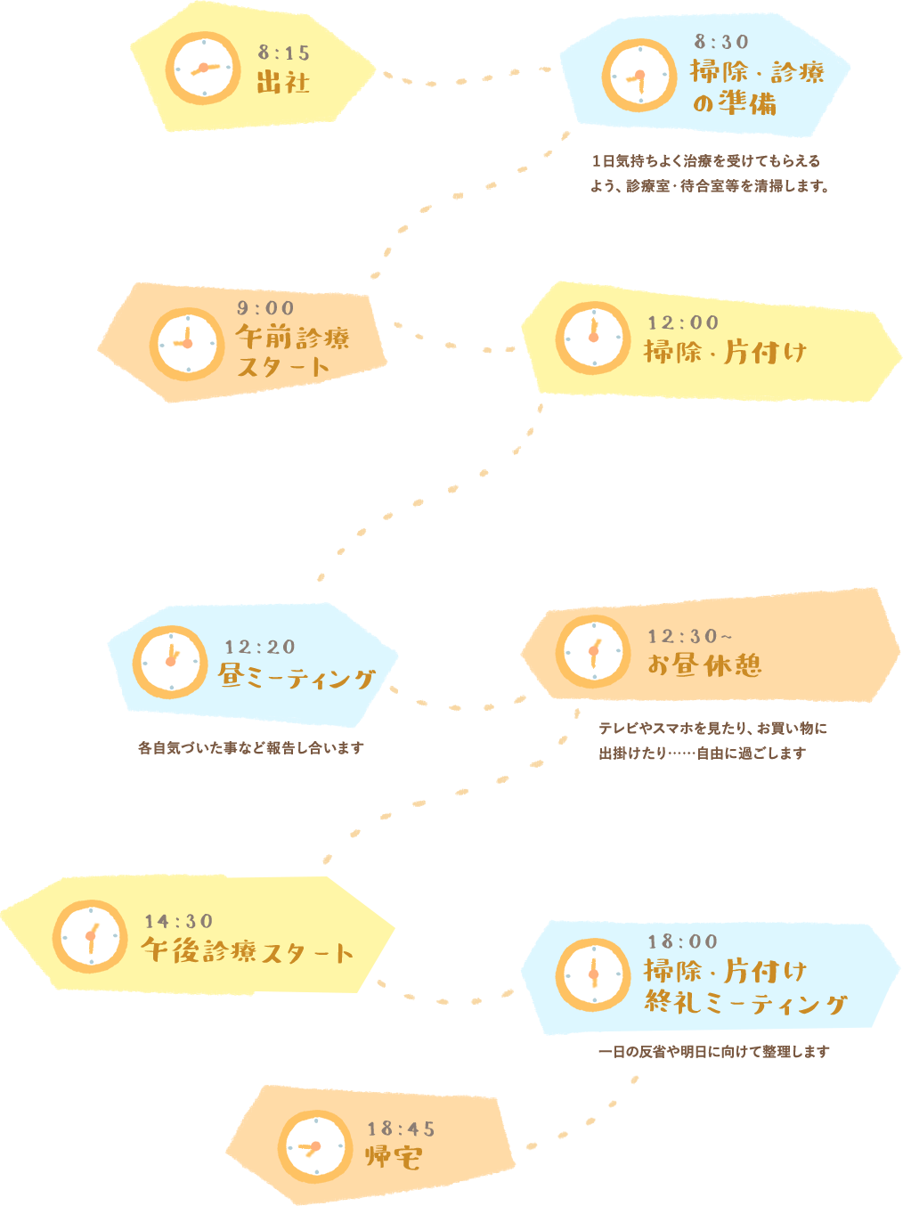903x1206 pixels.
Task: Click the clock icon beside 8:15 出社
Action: point(203,69)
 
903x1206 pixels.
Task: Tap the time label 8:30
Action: point(721,42)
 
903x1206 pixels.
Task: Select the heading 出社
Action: point(283,83)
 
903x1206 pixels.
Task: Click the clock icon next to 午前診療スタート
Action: point(187,345)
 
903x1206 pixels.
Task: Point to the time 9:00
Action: point(265,308)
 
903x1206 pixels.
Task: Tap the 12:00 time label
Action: point(683,322)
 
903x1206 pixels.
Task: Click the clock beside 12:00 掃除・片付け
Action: point(593,338)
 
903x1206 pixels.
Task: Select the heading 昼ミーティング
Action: point(297,678)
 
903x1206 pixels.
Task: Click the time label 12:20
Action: point(260,647)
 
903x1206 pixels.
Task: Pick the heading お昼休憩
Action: point(704,665)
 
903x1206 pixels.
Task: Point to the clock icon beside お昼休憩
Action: point(593,652)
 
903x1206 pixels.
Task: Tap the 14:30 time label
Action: point(179,921)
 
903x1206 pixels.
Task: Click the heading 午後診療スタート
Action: point(248,951)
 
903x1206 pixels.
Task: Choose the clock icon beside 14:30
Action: point(90,937)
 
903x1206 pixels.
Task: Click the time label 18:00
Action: point(683,941)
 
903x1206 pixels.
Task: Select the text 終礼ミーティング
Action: point(745,1004)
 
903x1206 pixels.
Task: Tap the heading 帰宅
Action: point(394,1157)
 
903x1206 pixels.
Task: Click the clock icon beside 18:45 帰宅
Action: point(315,1147)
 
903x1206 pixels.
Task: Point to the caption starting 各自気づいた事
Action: point(251,748)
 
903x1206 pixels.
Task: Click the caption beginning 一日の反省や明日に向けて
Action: point(713,1052)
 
